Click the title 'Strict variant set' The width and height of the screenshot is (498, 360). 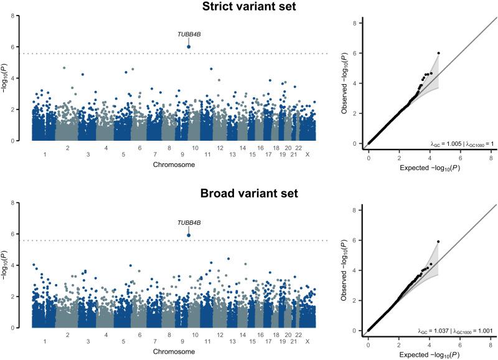(249, 7)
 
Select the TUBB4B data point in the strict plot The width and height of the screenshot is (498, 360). (189, 47)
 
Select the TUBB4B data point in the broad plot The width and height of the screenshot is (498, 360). (189, 235)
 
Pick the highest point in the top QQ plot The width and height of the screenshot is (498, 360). (438, 53)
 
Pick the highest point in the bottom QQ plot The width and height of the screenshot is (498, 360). (438, 242)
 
